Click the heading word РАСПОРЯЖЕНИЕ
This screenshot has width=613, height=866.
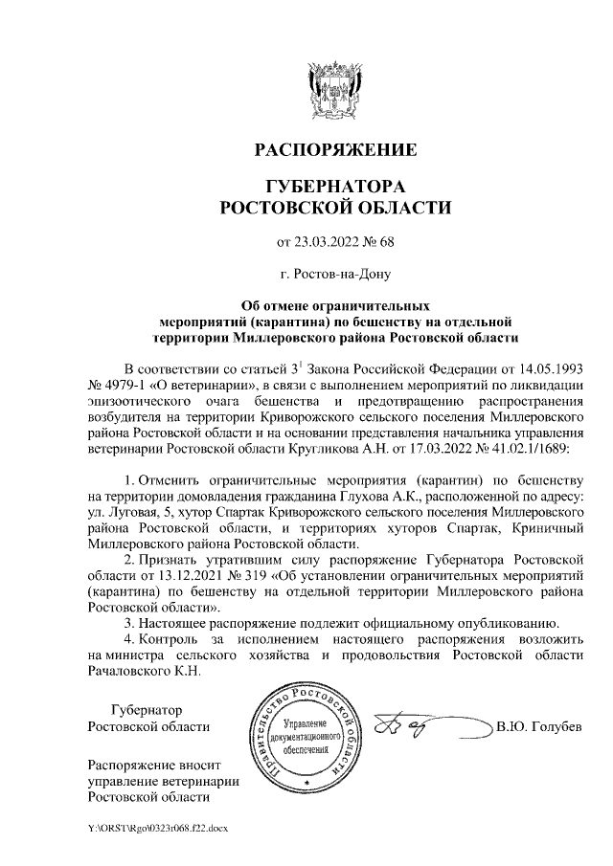pos(335,150)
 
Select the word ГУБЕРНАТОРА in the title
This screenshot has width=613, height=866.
pos(335,185)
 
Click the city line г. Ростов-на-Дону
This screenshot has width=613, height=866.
pos(335,275)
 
